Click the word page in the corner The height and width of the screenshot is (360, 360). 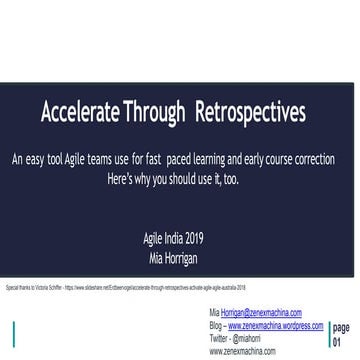pos(340,326)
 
